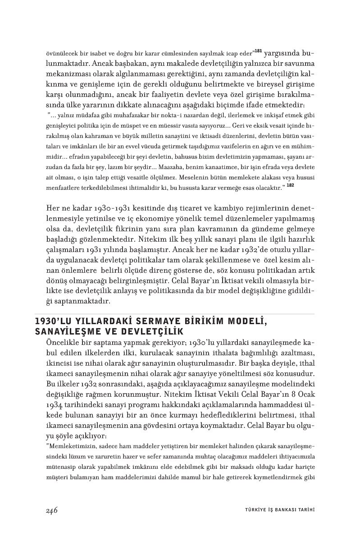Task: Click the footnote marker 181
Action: (258, 50)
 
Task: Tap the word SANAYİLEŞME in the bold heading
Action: (61, 331)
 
